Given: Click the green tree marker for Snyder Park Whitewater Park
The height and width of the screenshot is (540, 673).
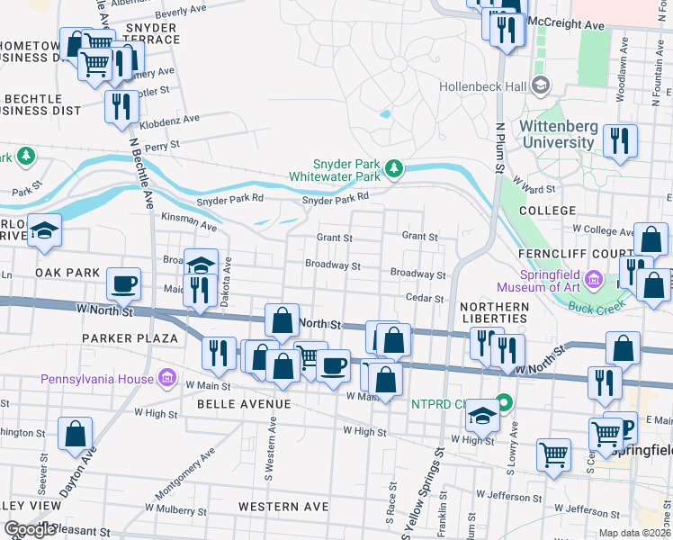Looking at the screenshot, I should (393, 168).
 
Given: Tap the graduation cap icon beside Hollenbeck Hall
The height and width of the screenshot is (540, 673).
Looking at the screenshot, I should (541, 86).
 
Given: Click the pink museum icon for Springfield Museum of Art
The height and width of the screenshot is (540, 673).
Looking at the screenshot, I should (593, 282).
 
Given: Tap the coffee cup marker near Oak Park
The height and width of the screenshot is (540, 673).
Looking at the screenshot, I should (124, 283).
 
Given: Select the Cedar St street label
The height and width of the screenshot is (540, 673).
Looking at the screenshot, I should (426, 299).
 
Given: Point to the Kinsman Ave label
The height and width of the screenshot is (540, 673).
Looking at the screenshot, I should (188, 221).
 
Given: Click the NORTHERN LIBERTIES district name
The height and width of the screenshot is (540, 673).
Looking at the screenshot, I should (494, 312).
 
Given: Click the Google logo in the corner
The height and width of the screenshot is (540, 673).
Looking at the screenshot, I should (30, 530).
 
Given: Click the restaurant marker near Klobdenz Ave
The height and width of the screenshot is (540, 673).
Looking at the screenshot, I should (121, 105).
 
